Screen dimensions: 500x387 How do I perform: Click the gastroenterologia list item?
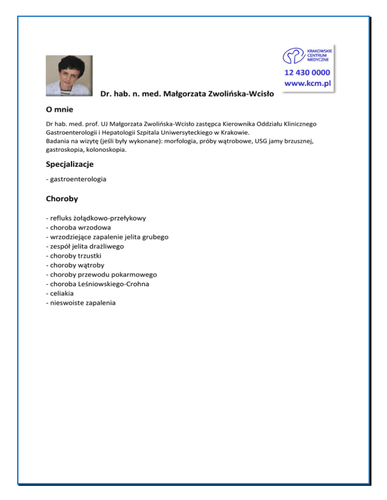point(76,179)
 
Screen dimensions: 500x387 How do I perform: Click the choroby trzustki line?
point(73,256)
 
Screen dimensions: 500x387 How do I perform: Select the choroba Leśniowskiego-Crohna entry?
point(97,284)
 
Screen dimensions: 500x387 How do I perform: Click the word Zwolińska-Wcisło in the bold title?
point(241,94)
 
